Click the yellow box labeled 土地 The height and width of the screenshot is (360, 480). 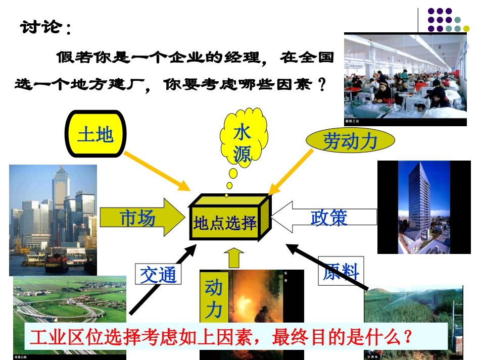(x=95, y=134)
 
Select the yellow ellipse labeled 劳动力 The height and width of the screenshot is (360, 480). (x=350, y=140)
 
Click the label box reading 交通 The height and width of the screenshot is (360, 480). (x=158, y=274)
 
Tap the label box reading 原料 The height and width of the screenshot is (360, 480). (x=341, y=271)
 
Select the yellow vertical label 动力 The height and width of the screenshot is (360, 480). (x=213, y=298)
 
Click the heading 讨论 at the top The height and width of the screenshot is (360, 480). (x=43, y=26)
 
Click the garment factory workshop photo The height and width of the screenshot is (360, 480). (x=405, y=79)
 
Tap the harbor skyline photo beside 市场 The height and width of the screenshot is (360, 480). (x=53, y=220)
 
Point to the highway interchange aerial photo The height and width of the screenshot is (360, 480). (x=69, y=303)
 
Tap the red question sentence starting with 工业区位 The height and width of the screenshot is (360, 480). (x=221, y=337)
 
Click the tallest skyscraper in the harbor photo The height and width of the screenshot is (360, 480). (x=61, y=189)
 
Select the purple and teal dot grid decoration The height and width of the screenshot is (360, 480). (x=447, y=20)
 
